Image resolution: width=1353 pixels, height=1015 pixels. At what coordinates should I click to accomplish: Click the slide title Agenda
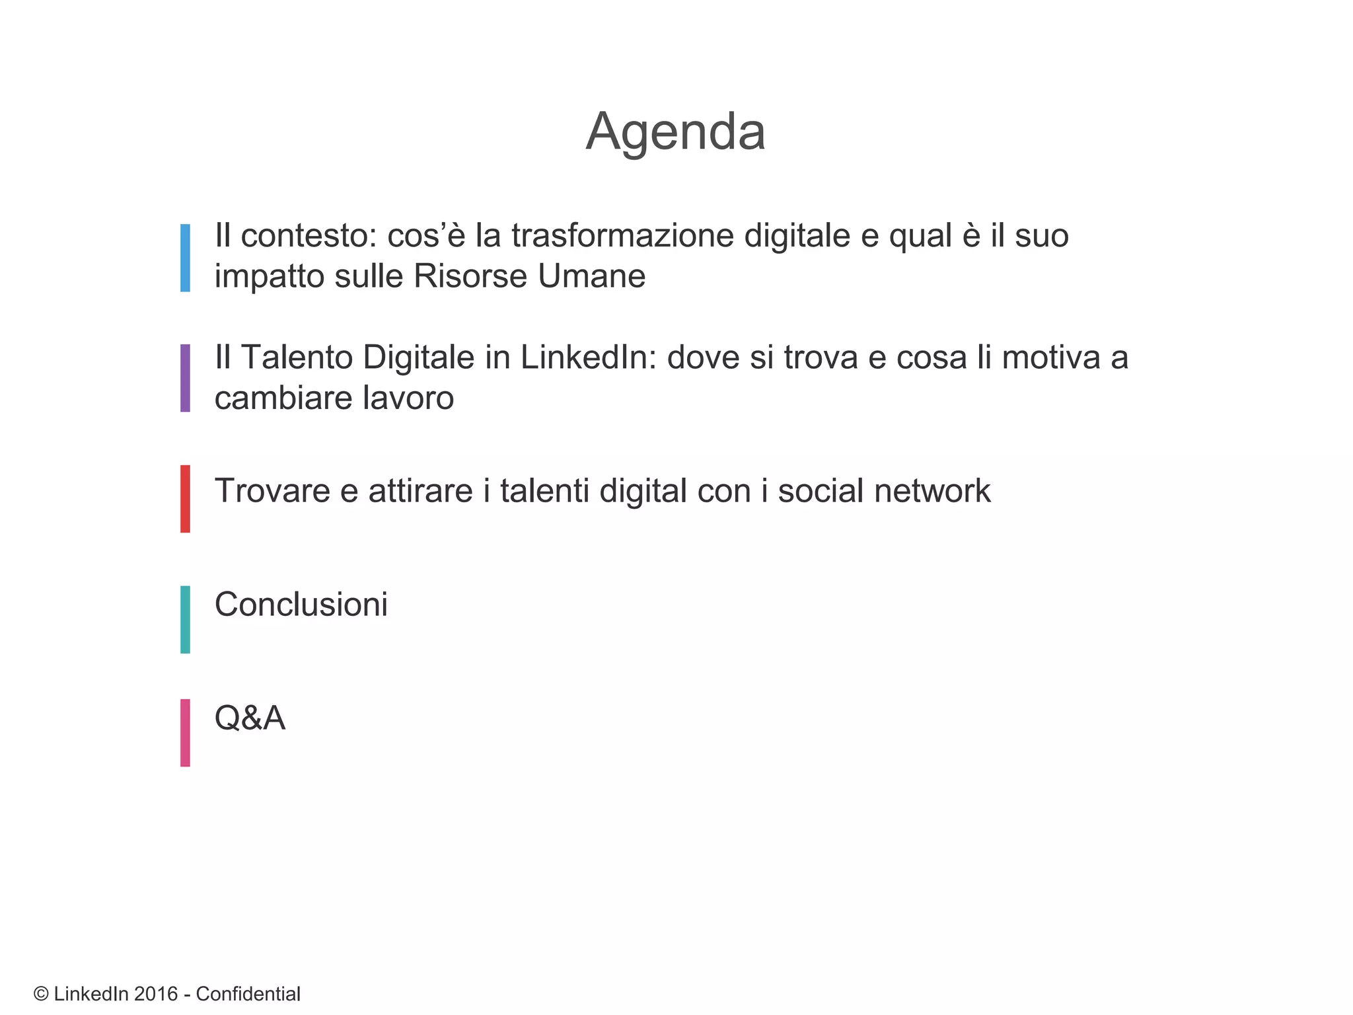675,132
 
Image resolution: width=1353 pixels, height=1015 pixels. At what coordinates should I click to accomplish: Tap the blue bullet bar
185,258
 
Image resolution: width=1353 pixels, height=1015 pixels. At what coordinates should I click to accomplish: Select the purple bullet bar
185,378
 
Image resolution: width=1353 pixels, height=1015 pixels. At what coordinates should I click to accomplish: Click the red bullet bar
185,499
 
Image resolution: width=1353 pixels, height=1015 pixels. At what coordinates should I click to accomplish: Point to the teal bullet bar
185,619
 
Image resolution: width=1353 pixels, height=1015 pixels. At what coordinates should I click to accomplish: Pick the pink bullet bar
185,733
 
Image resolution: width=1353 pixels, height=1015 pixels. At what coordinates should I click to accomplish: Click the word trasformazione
622,236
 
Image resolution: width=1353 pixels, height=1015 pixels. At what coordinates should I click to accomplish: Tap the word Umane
591,276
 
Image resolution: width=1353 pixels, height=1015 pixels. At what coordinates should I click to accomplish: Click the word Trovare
272,491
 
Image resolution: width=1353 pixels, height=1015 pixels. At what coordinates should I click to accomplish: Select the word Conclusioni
301,605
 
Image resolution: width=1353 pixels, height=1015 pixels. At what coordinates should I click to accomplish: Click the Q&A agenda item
250,718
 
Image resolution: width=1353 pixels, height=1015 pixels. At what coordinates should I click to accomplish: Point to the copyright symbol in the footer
41,994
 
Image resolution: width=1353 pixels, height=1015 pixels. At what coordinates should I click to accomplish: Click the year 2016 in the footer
156,994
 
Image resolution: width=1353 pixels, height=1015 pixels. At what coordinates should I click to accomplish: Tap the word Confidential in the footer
248,994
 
